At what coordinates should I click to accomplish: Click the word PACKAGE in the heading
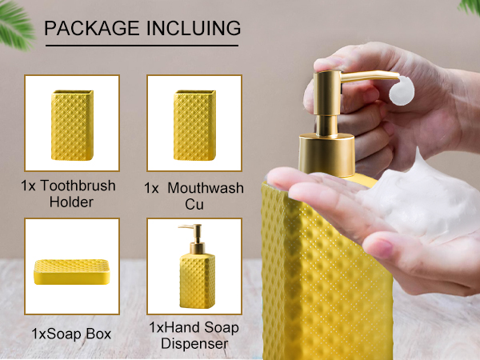click(x=92, y=28)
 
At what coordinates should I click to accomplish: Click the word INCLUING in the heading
click(x=194, y=28)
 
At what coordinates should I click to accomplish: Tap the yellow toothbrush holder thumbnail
click(x=72, y=126)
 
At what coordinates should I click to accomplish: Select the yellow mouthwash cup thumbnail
click(x=194, y=126)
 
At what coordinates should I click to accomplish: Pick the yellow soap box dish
click(x=72, y=272)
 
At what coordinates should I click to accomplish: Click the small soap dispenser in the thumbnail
click(x=197, y=266)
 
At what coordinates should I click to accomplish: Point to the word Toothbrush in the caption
click(x=78, y=186)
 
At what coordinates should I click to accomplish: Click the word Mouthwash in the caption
click(x=206, y=188)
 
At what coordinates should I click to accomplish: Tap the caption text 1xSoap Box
click(x=71, y=334)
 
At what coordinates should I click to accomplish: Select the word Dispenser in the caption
click(x=194, y=343)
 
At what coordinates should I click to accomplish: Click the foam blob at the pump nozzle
click(x=402, y=90)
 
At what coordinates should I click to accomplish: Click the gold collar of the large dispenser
click(x=326, y=155)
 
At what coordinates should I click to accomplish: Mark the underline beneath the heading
click(x=142, y=46)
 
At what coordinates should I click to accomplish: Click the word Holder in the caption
click(x=71, y=202)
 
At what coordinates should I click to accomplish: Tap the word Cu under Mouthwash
click(x=194, y=204)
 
